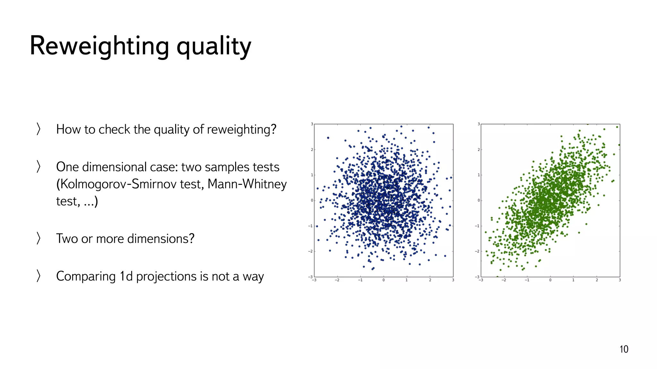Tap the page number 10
(624, 349)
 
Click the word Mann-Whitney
(247, 184)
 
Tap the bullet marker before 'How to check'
(38, 129)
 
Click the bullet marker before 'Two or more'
(38, 239)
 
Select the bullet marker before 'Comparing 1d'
(38, 276)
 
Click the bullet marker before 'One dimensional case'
(38, 167)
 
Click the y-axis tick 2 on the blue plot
(311, 150)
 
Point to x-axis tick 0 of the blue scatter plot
(383, 280)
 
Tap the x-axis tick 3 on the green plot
(620, 280)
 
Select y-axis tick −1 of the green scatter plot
(477, 226)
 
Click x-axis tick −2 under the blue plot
(337, 280)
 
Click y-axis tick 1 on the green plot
(479, 175)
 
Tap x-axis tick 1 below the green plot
(573, 280)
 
